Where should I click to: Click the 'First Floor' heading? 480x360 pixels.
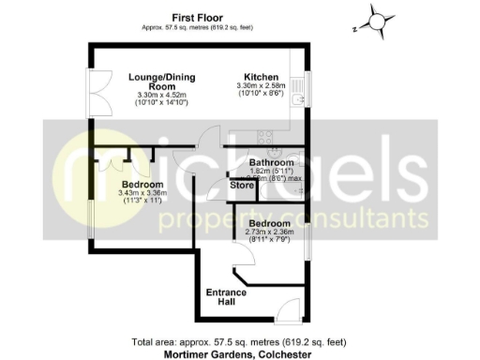pos(197,17)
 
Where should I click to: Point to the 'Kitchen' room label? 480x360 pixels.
pos(259,76)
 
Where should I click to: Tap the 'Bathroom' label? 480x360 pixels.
pos(271,163)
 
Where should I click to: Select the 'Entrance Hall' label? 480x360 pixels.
pos(226,298)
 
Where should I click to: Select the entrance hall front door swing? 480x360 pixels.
pos(289,309)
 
